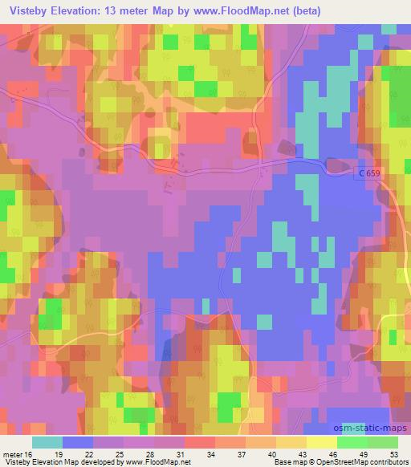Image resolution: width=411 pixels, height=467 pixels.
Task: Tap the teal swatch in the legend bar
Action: click(x=47, y=441)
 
